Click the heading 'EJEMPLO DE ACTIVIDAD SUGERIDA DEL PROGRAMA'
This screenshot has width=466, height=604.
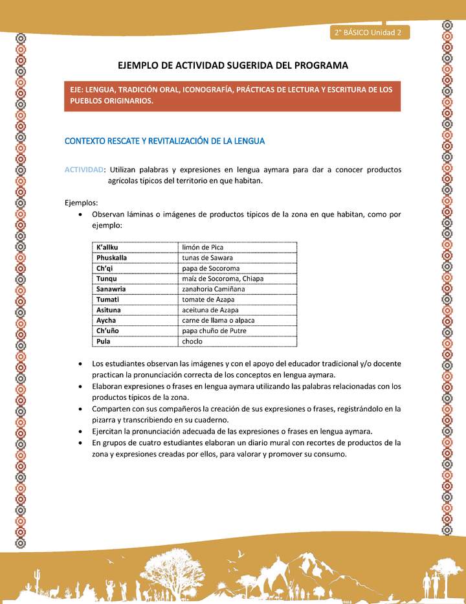pos(232,65)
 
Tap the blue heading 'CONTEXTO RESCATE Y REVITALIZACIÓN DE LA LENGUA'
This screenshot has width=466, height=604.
pos(164,141)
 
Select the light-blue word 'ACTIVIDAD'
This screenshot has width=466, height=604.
pos(83,170)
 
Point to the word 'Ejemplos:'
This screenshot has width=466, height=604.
pos(81,202)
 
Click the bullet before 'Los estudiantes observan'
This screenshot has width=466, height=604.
pos(79,365)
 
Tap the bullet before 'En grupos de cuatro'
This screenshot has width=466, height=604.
pos(79,443)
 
